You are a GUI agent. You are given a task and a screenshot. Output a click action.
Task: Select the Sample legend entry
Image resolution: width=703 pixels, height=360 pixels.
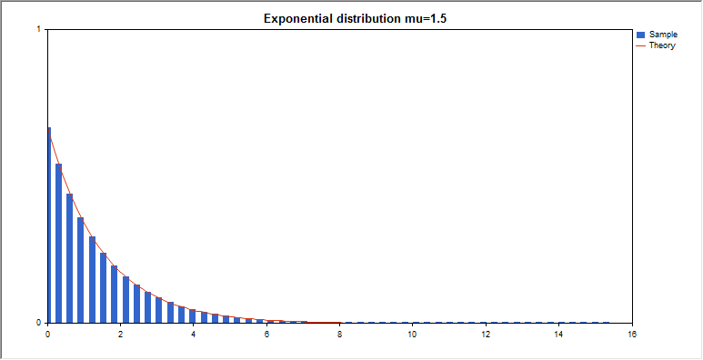click(663, 35)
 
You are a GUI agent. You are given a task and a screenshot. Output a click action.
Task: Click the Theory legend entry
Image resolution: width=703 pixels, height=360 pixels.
click(662, 45)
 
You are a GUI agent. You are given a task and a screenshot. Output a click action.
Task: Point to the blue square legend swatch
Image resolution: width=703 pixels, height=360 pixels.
click(641, 35)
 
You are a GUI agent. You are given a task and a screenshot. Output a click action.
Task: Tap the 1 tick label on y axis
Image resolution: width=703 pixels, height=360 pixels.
click(38, 30)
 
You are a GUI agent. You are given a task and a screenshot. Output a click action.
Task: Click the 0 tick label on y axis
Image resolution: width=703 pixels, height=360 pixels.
click(38, 323)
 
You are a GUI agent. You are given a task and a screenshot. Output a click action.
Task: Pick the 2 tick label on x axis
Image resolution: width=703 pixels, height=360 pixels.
click(120, 334)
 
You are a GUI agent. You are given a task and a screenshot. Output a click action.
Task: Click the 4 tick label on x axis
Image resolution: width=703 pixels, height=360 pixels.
click(193, 334)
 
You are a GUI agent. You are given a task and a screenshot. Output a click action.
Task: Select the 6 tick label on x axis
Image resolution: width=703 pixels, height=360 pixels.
click(266, 334)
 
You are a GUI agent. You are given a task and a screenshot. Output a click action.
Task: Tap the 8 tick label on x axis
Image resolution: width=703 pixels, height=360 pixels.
click(339, 334)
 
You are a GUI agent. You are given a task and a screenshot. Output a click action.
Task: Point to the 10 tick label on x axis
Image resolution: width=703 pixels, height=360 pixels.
click(412, 334)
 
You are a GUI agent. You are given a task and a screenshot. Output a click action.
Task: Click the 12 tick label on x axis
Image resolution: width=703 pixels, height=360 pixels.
click(486, 334)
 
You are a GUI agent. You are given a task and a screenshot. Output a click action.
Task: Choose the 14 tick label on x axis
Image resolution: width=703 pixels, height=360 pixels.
click(558, 334)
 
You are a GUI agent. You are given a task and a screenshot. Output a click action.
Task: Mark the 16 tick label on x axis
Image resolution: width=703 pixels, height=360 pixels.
click(631, 334)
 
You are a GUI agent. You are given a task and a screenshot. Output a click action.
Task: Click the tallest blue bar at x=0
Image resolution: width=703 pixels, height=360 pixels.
click(48, 227)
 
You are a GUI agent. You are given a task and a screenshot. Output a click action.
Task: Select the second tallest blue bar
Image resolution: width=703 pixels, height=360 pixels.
click(58, 245)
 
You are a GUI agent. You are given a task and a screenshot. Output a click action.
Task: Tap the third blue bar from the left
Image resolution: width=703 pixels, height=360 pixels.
click(69, 259)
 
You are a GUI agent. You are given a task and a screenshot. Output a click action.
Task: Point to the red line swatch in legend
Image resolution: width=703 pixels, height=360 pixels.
click(641, 45)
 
